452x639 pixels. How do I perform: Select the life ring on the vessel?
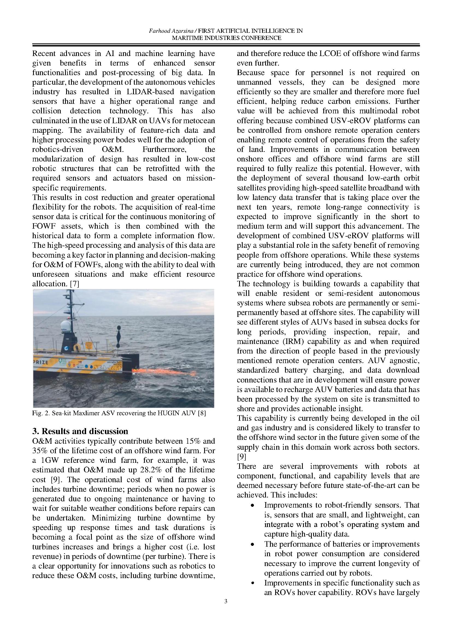[x=77, y=347]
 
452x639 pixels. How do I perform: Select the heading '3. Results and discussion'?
[x=80, y=431]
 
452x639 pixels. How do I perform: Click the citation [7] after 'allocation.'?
[x=75, y=284]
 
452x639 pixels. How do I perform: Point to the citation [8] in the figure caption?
[x=201, y=413]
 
